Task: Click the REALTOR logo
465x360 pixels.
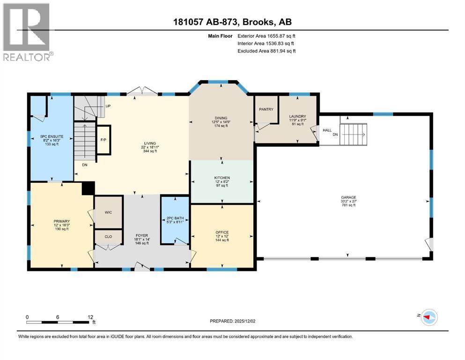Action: (28, 32)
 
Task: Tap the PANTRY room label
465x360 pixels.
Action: (266, 109)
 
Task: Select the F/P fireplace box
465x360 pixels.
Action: (103, 140)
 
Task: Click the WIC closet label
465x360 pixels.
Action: (108, 212)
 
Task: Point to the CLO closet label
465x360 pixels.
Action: (108, 237)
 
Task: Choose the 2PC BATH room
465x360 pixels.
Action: (175, 220)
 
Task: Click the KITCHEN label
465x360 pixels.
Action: (222, 178)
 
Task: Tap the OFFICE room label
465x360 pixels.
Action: (222, 232)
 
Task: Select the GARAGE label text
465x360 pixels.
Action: (348, 197)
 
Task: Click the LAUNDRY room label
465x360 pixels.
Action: (298, 116)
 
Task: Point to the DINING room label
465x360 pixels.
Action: (221, 118)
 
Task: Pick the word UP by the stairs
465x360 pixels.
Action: (108, 106)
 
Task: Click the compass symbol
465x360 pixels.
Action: (429, 317)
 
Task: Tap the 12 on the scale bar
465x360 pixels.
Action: (90, 317)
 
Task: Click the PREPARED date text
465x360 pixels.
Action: (232, 321)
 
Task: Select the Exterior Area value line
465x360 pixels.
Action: (266, 36)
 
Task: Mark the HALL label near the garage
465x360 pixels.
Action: (327, 130)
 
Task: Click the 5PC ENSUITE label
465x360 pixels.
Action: (52, 136)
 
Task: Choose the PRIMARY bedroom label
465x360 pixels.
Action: (62, 221)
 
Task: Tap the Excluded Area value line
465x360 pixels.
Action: (266, 51)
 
